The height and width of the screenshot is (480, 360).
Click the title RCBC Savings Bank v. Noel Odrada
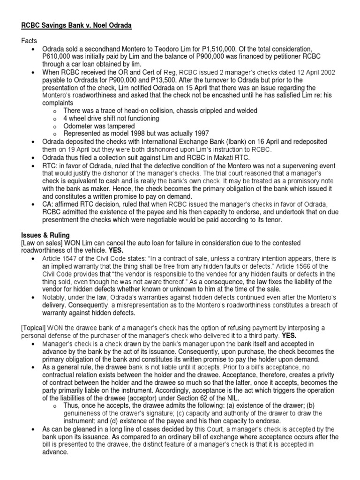(76, 25)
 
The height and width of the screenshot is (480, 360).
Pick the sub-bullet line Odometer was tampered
(99, 126)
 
